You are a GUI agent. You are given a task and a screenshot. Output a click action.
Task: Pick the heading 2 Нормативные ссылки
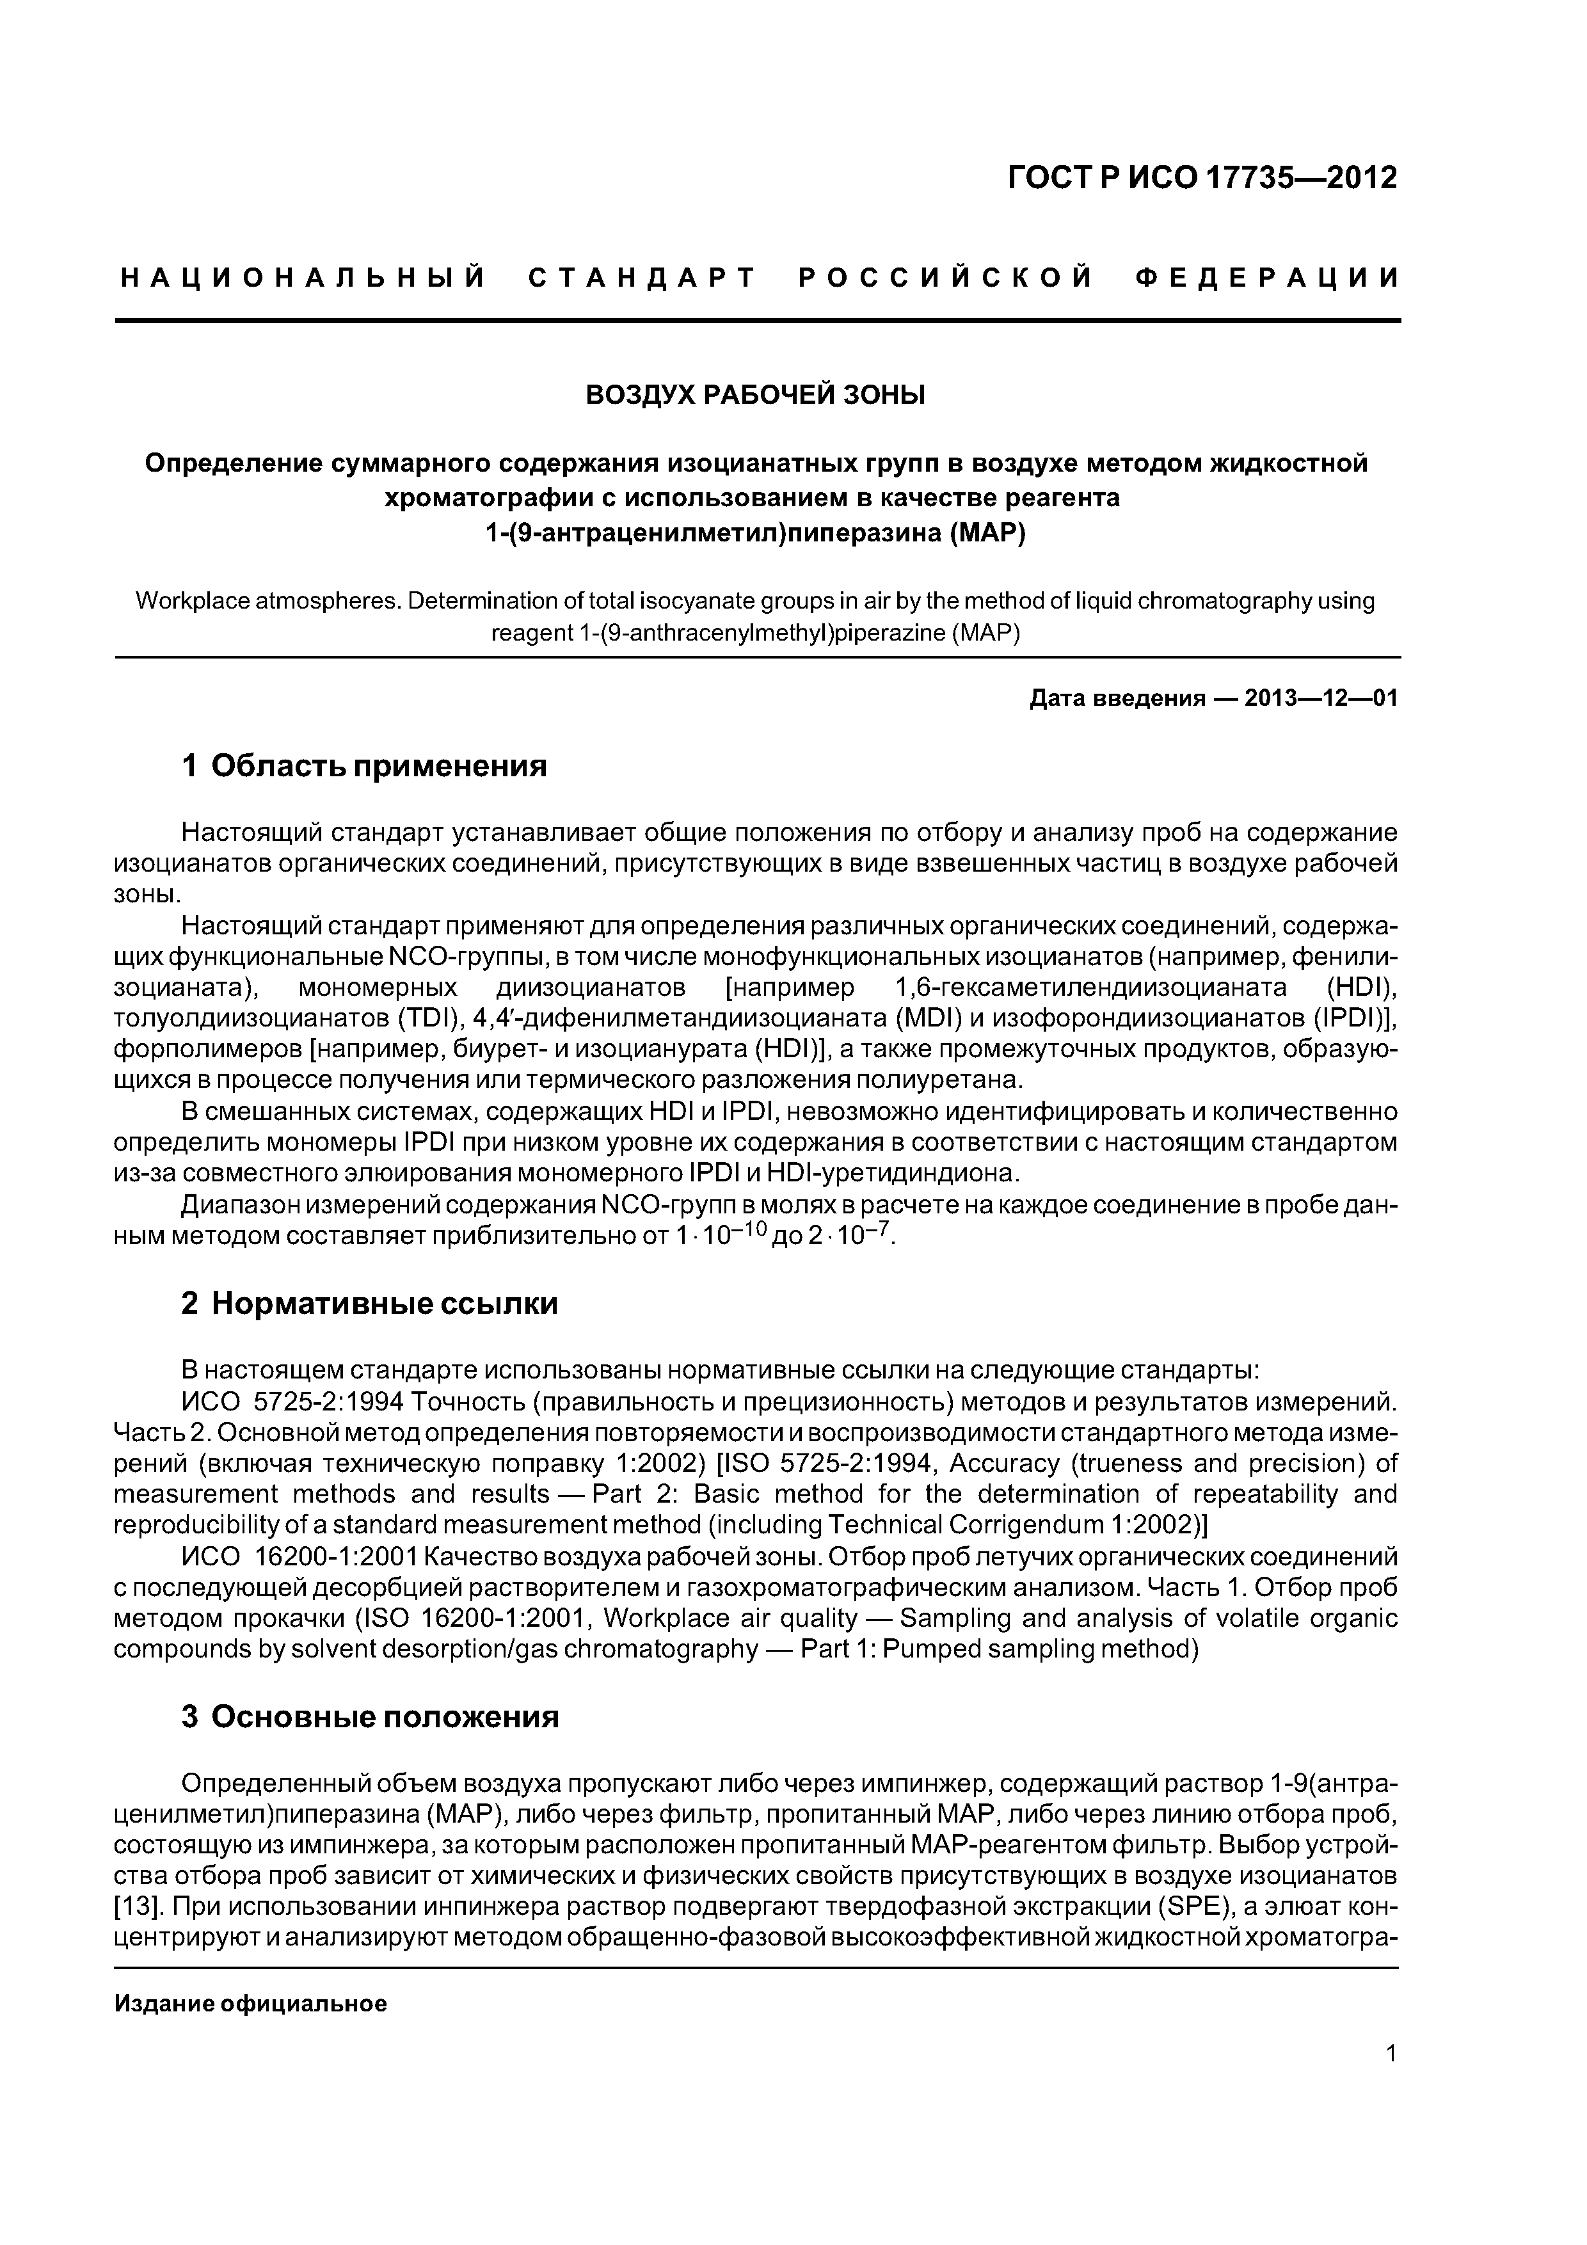(370, 1304)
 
